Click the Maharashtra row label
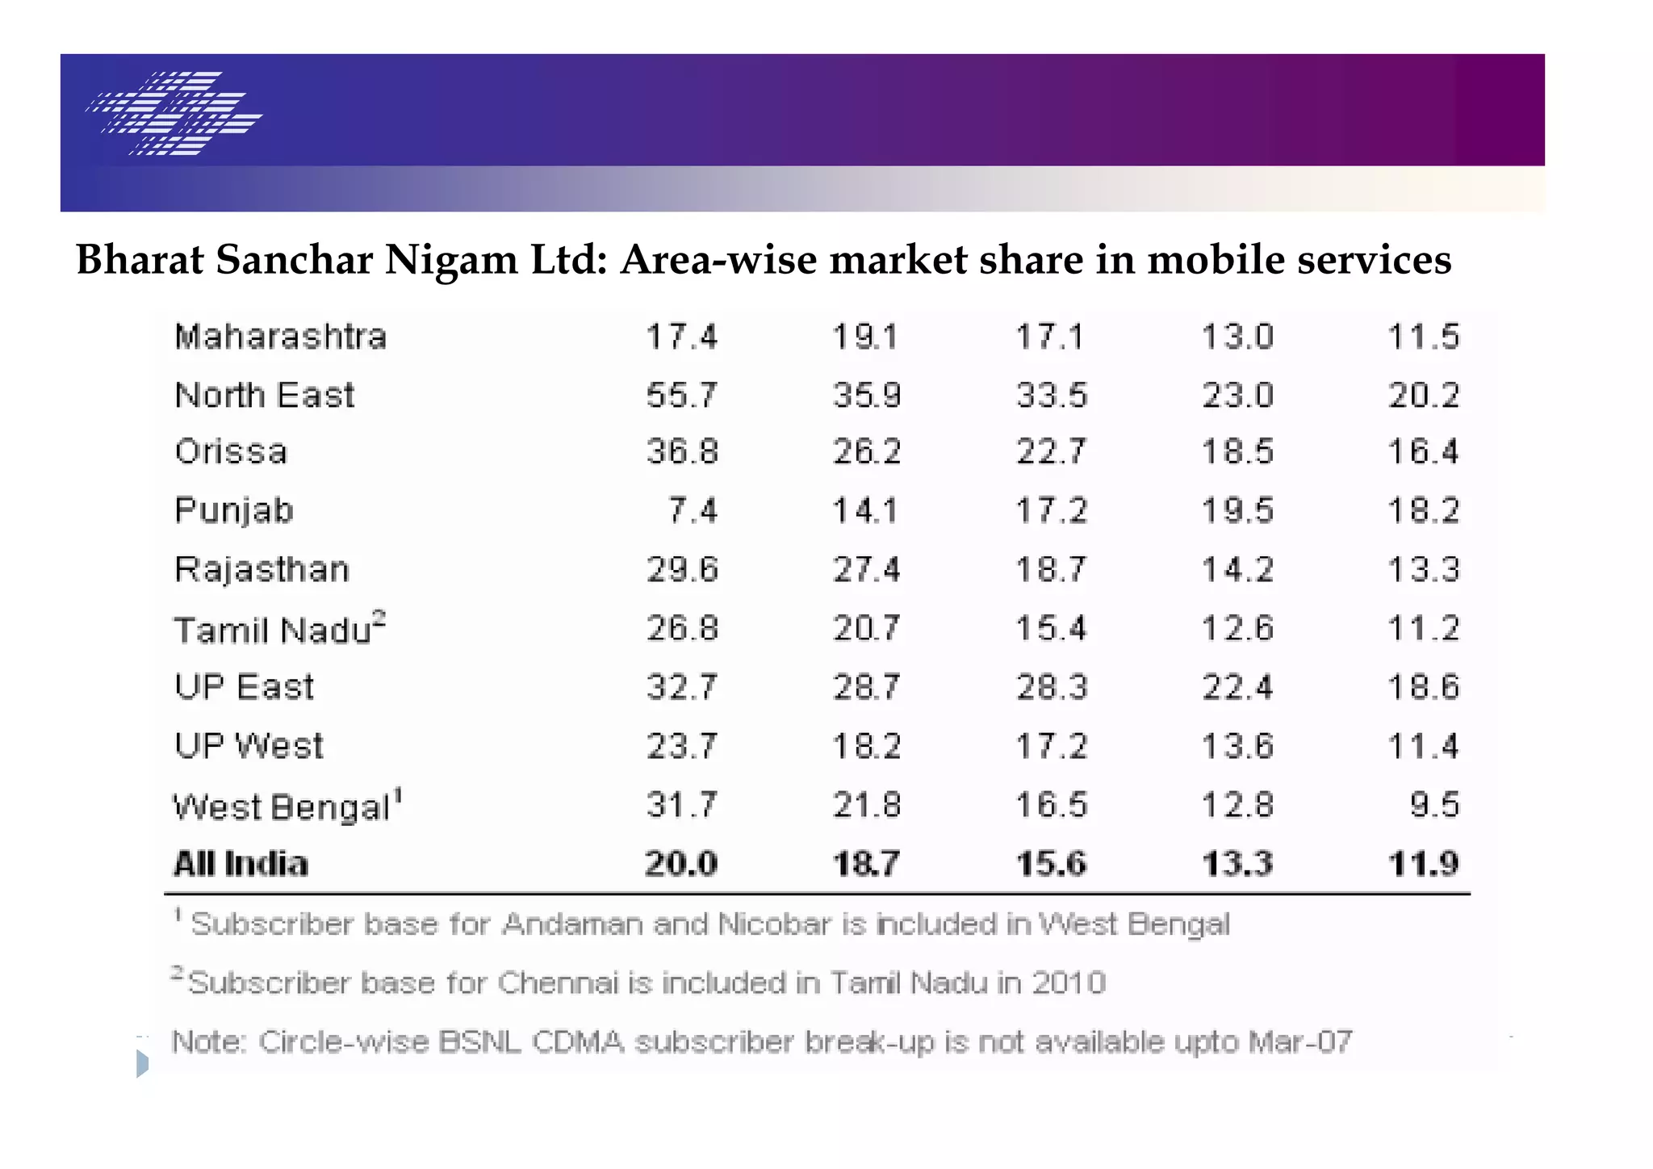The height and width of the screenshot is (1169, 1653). (x=280, y=337)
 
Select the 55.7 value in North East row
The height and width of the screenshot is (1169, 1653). (x=681, y=396)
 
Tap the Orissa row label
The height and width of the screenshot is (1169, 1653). (x=231, y=452)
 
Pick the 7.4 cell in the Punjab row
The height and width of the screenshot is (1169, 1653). (x=693, y=511)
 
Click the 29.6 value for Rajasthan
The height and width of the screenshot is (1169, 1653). (x=682, y=570)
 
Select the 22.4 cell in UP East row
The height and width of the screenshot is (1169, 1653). (x=1237, y=688)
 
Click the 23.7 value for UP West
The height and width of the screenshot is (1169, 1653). (x=681, y=746)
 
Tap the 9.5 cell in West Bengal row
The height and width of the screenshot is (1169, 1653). (x=1434, y=805)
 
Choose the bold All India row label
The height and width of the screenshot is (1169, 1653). (x=241, y=864)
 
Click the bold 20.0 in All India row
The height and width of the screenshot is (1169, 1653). (x=681, y=864)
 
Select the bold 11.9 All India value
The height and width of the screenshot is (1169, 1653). (x=1424, y=864)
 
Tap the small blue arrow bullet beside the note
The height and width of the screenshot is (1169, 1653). (x=142, y=1063)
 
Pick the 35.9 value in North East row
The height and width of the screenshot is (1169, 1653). (x=867, y=396)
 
